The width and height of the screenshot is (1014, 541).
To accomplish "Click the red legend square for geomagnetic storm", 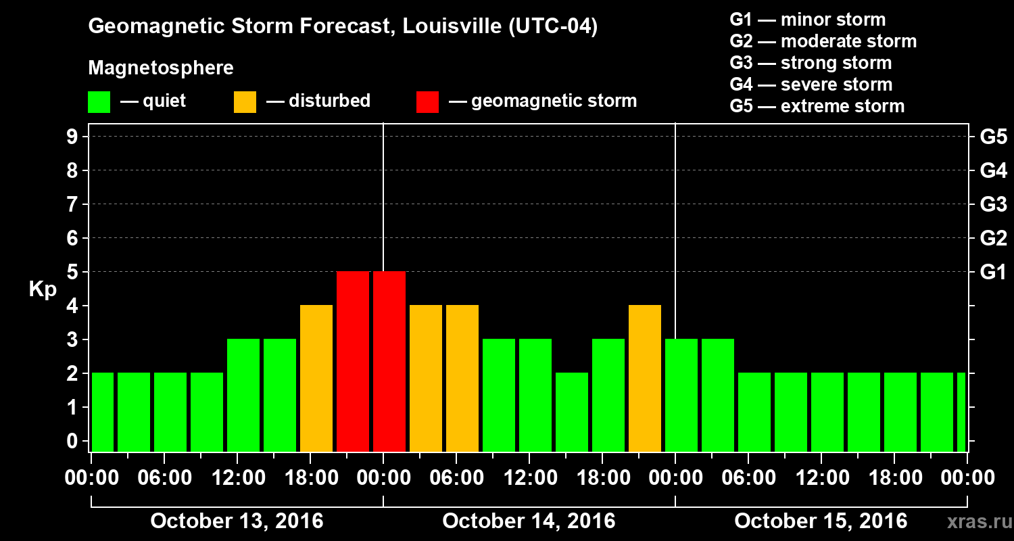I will [427, 101].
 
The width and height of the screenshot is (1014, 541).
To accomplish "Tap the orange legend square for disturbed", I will [245, 101].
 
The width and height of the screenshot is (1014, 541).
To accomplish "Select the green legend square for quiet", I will [99, 101].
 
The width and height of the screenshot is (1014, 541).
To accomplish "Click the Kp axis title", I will [43, 289].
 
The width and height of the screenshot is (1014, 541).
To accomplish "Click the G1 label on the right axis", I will [993, 273].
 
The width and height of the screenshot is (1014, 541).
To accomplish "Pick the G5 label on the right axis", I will [993, 137].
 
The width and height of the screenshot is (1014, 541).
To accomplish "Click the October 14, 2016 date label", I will [529, 521].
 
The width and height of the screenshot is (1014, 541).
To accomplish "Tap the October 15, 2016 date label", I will [821, 521].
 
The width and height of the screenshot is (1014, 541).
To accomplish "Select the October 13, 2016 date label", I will [237, 521].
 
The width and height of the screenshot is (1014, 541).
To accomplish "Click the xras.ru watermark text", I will [974, 522].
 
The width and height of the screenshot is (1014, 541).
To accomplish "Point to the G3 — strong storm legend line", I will [811, 63].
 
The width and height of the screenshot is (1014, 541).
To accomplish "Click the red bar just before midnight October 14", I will [353, 361].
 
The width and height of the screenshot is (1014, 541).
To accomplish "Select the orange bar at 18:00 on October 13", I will [316, 378].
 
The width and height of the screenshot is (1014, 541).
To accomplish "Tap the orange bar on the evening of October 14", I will [645, 378].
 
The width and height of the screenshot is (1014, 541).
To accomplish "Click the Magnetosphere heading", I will [161, 68].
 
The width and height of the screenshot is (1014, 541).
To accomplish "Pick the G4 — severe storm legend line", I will [811, 85].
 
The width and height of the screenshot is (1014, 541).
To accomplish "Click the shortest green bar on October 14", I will [572, 412].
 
